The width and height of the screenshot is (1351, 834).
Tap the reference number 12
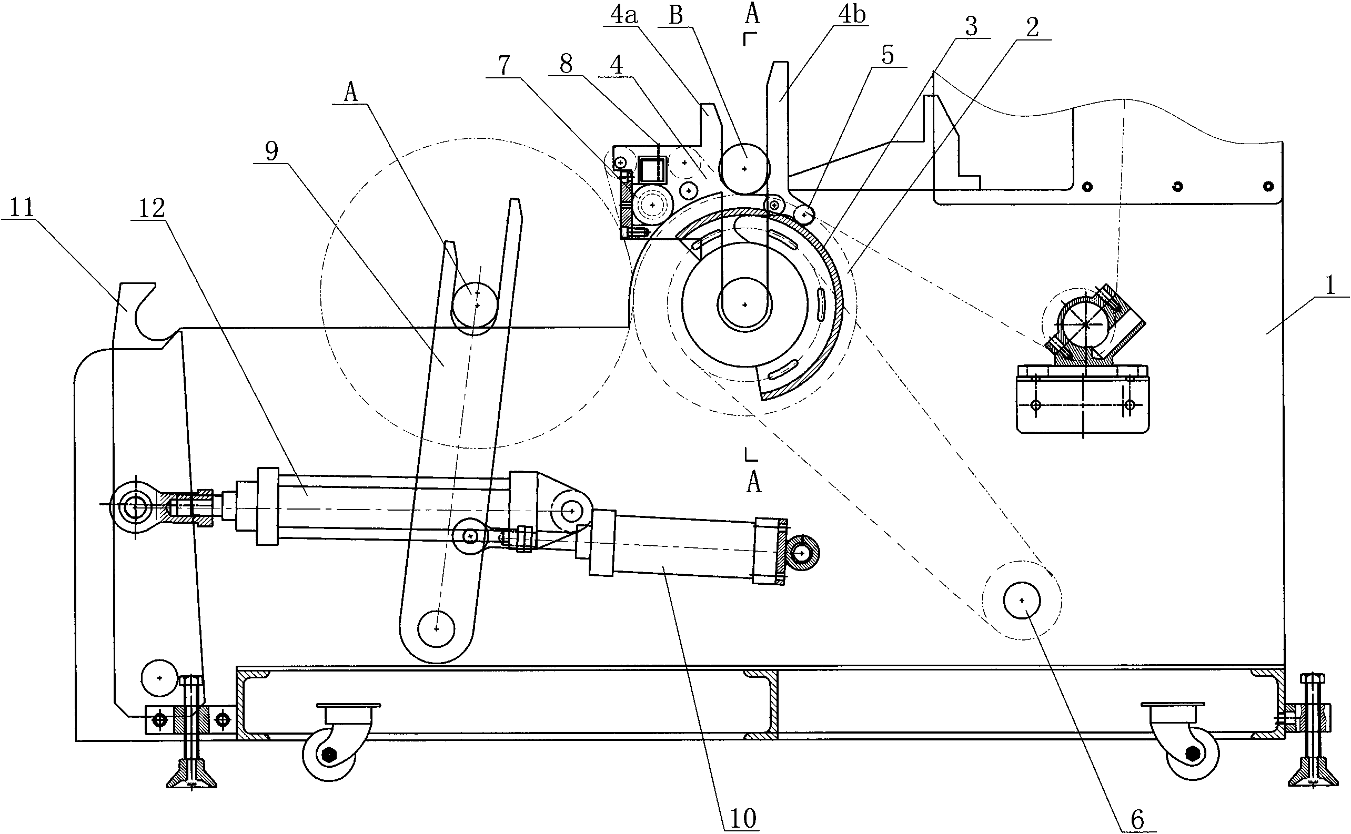pyautogui.click(x=152, y=208)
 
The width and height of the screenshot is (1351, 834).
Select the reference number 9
pyautogui.click(x=271, y=150)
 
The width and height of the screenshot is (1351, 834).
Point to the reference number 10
pyautogui.click(x=743, y=819)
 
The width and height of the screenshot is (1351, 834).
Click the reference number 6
pyautogui.click(x=1138, y=820)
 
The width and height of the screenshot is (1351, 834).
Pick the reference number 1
pyautogui.click(x=1330, y=286)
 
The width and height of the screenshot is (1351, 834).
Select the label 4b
pyautogui.click(x=852, y=15)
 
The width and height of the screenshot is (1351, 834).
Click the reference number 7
pyautogui.click(x=504, y=66)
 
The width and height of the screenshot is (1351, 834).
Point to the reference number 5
pyautogui.click(x=888, y=55)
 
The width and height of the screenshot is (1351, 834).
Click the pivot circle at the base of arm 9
pyautogui.click(x=437, y=629)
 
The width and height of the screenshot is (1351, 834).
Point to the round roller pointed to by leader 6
pyautogui.click(x=1022, y=600)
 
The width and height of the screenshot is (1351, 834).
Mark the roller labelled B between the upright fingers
pyautogui.click(x=744, y=168)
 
